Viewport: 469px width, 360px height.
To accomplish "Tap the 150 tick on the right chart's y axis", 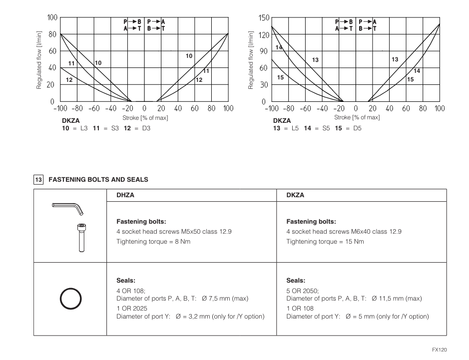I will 264,18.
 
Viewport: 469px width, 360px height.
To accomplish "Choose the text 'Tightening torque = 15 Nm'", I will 325,241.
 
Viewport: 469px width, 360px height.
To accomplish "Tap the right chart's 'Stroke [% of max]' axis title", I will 357,117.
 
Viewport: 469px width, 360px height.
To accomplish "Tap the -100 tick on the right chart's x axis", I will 271,109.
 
